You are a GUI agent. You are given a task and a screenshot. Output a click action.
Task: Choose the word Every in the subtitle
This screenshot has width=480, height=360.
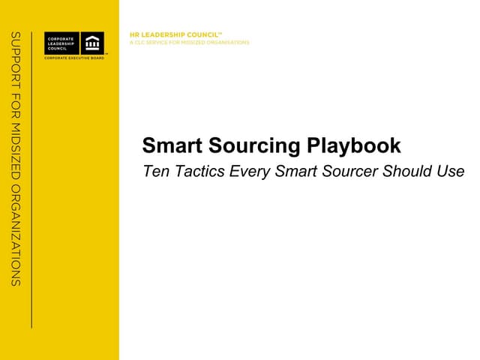250,172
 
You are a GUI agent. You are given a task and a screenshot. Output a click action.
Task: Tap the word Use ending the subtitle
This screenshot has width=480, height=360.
450,172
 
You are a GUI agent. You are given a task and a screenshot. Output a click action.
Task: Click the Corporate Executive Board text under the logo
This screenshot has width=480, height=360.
74,57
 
